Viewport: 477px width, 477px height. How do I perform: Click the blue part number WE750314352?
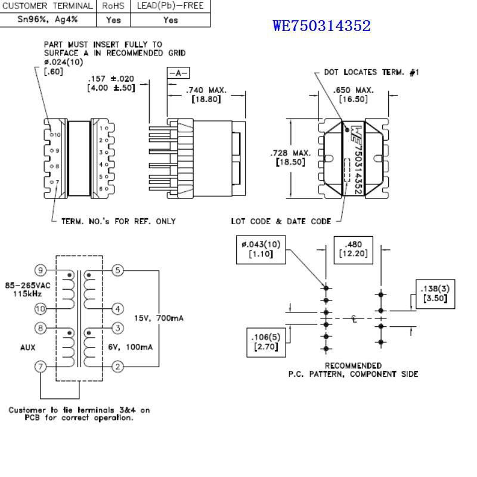coord(321,26)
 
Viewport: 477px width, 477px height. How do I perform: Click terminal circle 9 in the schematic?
coord(41,271)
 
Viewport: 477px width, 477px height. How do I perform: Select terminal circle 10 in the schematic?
coord(41,308)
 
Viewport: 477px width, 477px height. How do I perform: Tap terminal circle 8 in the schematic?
coord(41,328)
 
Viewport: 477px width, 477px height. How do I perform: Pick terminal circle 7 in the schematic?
coord(41,366)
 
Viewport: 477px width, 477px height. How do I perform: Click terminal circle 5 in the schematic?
coord(117,271)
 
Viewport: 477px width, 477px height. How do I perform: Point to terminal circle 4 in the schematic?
coord(117,308)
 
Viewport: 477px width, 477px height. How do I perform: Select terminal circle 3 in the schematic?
coord(117,328)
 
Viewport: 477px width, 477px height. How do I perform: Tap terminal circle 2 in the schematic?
coord(117,366)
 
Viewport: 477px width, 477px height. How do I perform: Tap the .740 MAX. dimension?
coord(206,90)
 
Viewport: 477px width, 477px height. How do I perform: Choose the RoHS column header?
coord(113,5)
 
